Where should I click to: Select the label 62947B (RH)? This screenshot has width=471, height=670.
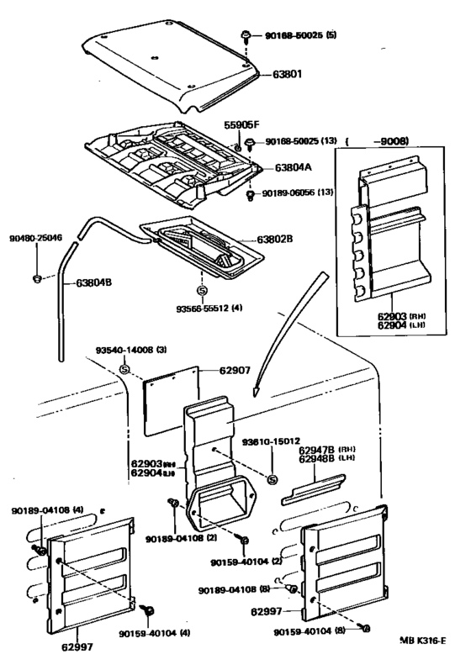coord(320,450)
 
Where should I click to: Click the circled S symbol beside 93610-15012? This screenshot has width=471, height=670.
coord(273,479)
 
